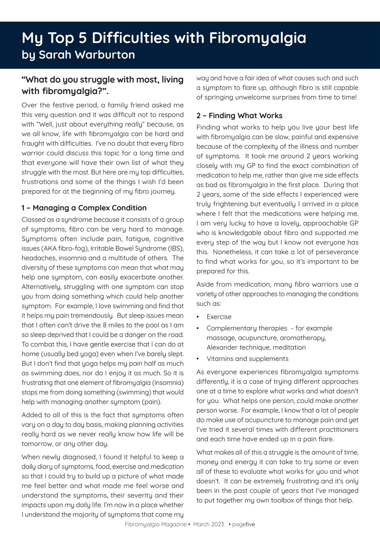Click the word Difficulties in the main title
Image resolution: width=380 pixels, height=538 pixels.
point(139,38)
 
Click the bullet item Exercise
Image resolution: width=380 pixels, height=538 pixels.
point(219,317)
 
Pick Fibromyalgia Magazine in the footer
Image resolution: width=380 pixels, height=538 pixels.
point(155,525)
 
